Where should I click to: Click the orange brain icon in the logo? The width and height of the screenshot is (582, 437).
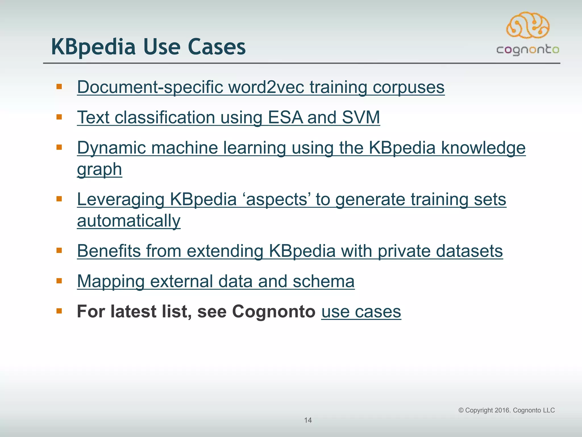(x=528, y=25)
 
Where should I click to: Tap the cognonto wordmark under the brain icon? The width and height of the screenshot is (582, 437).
(x=528, y=50)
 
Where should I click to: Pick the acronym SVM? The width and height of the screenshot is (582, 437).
(x=361, y=117)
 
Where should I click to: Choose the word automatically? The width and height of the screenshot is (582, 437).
(x=129, y=221)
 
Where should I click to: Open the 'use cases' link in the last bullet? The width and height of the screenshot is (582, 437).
(x=361, y=312)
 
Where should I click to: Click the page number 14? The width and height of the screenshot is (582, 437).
(x=308, y=420)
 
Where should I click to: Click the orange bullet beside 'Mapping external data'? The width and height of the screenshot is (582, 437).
(x=59, y=281)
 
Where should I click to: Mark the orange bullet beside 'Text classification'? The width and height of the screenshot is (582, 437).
(x=59, y=117)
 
